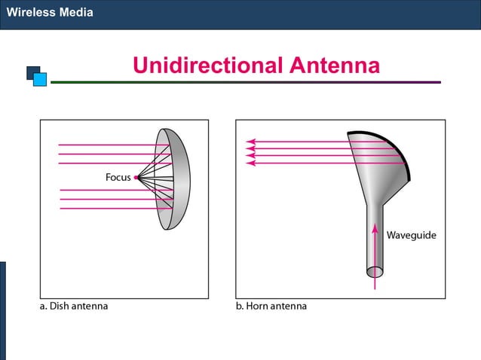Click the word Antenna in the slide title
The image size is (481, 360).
(x=334, y=66)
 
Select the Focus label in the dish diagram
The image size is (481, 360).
(x=118, y=178)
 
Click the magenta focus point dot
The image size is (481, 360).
(x=136, y=178)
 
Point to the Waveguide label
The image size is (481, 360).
(x=411, y=235)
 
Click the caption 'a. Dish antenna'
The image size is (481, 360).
(x=73, y=307)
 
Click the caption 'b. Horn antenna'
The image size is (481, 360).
(x=271, y=307)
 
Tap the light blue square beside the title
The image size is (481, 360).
(x=40, y=79)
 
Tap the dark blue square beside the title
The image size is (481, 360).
(x=32, y=72)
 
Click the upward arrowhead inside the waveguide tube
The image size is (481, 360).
(x=375, y=228)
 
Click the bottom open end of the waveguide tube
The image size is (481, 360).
(x=375, y=271)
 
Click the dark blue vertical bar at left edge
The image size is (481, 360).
(x=2, y=309)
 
